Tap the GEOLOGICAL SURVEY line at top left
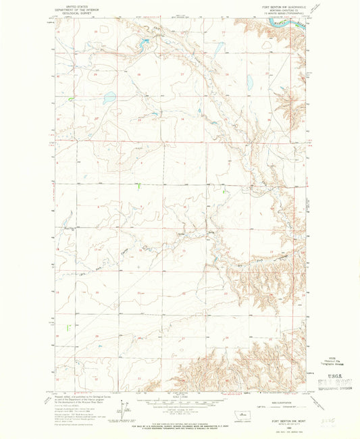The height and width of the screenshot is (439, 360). [x=72, y=11]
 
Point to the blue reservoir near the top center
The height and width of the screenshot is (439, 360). [x=145, y=43]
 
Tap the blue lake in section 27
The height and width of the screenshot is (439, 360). [x=109, y=97]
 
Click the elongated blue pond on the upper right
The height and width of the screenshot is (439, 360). [x=249, y=82]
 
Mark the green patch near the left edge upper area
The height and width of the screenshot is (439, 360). [x=70, y=100]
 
